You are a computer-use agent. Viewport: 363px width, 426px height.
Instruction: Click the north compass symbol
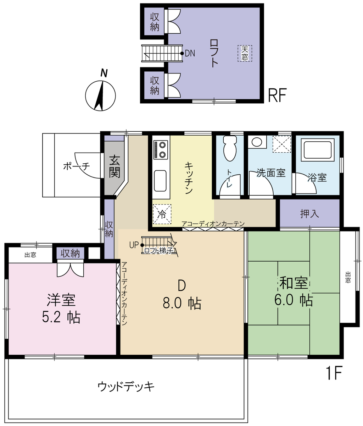[x=100, y=93]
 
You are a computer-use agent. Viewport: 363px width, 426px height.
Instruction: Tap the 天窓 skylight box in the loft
[x=245, y=53]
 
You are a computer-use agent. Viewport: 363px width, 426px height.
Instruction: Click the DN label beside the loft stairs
[x=190, y=53]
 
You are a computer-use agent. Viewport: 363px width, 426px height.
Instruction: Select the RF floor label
[x=277, y=95]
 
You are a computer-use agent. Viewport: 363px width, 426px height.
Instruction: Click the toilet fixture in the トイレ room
[x=230, y=148]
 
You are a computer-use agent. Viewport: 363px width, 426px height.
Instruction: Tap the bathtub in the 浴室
[x=318, y=149]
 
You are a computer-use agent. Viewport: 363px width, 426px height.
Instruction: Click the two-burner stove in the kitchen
[x=161, y=149]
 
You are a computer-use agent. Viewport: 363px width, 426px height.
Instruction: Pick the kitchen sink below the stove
[x=160, y=181]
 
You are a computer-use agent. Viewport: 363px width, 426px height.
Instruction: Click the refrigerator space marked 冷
[x=162, y=214]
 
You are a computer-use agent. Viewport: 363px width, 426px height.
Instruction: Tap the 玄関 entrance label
[x=114, y=166]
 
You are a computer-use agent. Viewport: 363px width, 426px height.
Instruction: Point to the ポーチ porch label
[x=77, y=166]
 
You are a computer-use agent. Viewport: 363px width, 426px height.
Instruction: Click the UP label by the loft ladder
[x=134, y=245]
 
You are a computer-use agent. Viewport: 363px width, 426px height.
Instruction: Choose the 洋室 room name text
[x=61, y=300]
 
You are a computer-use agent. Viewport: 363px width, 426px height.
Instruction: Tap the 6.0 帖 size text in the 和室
[x=294, y=300]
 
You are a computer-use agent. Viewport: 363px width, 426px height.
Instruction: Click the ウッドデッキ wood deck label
[x=126, y=387]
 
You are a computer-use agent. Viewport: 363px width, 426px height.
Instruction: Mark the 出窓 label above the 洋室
[x=30, y=255]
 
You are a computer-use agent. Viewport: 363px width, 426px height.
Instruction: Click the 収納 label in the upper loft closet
[x=155, y=22]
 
